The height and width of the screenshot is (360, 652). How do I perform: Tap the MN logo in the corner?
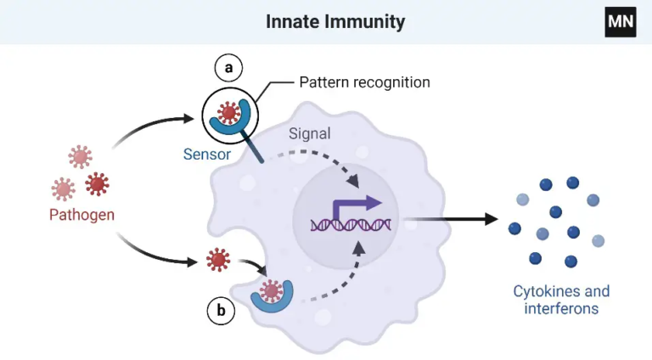(620, 21)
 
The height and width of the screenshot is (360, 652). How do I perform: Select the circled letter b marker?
(221, 312)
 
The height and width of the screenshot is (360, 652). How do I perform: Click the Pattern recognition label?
(364, 82)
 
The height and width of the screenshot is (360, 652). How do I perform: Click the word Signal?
(309, 133)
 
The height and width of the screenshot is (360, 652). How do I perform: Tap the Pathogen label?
(81, 214)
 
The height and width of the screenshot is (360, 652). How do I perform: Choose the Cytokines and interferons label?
(561, 300)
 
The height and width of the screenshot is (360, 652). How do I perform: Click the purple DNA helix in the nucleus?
(351, 224)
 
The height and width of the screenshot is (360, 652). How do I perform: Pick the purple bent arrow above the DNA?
(356, 206)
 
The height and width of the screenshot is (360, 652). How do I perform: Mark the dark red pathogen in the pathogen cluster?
(98, 183)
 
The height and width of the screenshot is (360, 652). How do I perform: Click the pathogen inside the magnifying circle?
(228, 111)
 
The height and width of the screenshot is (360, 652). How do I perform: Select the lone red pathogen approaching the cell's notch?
(218, 259)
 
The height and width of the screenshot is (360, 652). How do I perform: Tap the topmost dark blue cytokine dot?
(573, 183)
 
